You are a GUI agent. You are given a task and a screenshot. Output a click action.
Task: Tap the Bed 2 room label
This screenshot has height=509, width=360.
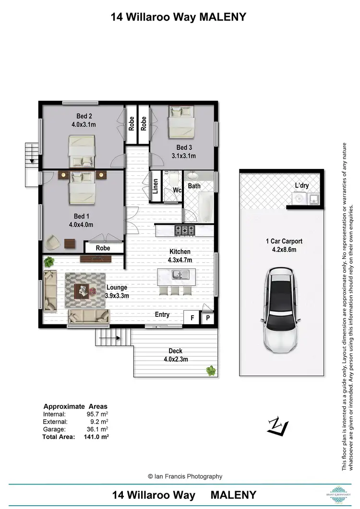(x=84, y=120)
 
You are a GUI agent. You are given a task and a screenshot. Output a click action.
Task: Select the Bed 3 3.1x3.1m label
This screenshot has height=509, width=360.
(x=184, y=152)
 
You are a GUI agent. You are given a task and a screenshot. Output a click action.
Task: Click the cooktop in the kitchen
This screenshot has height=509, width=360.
(x=184, y=230)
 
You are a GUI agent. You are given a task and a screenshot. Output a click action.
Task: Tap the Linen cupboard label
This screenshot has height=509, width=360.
(x=156, y=186)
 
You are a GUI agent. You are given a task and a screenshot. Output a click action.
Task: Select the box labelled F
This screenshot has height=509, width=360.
(x=192, y=318)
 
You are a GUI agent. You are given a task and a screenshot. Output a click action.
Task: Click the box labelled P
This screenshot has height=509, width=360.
(x=208, y=318)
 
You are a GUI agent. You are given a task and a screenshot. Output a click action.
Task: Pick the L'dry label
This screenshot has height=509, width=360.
(x=302, y=185)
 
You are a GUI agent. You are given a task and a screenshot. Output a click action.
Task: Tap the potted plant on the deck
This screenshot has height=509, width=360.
(x=210, y=370)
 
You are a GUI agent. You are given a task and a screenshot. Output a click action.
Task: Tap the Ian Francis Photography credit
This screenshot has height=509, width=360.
(x=185, y=476)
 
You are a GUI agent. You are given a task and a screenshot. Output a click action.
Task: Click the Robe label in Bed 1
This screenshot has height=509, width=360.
(x=103, y=248)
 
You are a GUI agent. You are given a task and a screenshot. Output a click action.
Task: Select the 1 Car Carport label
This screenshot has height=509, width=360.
(x=284, y=245)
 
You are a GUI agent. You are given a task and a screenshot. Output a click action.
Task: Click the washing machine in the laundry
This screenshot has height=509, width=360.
(x=298, y=198)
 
